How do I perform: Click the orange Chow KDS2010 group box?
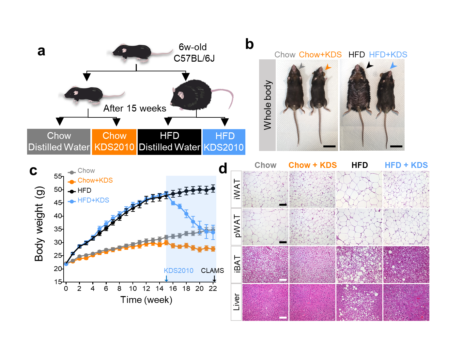(x=114, y=142)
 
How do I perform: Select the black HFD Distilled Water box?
(x=169, y=142)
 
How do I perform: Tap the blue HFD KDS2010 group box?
(x=224, y=142)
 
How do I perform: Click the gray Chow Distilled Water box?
(x=59, y=142)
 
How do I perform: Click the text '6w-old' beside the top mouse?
(x=192, y=47)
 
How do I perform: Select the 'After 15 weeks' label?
(x=134, y=108)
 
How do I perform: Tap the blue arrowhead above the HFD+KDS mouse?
(x=393, y=66)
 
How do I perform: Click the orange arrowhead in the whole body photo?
(x=328, y=67)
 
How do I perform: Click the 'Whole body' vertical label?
(x=268, y=105)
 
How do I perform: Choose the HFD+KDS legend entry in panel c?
(x=93, y=200)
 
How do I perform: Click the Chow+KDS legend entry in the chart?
(x=95, y=180)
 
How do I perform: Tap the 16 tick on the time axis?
(x=173, y=289)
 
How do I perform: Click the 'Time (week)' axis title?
(x=146, y=300)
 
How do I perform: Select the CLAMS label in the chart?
(x=212, y=271)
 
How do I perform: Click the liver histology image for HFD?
(x=359, y=302)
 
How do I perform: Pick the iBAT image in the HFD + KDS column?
(x=406, y=264)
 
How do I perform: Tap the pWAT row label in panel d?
(x=237, y=227)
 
